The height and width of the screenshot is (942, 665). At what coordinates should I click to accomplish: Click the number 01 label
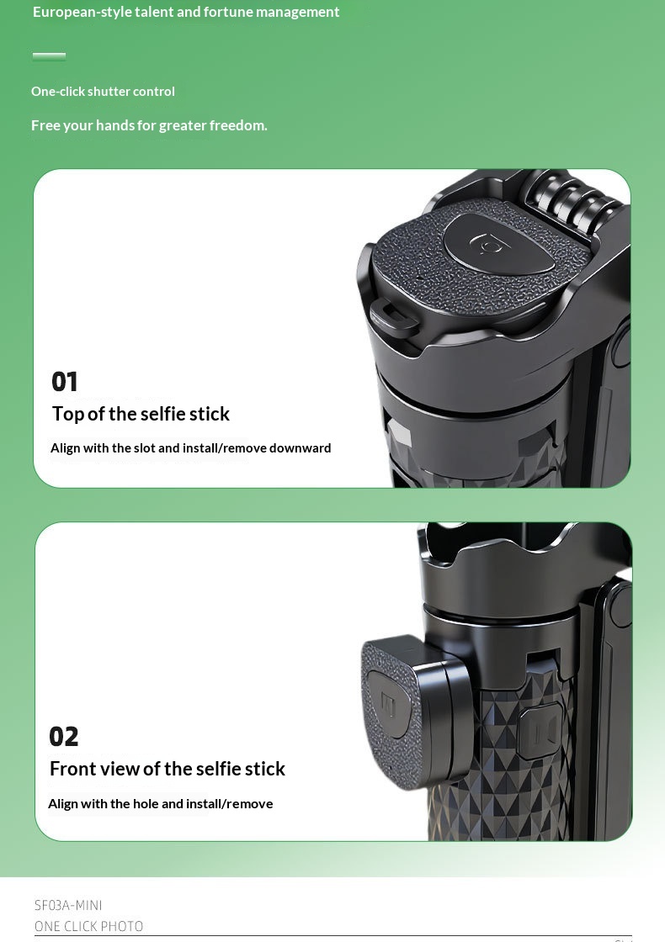[x=64, y=382]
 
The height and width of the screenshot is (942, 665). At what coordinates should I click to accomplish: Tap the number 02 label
[x=64, y=737]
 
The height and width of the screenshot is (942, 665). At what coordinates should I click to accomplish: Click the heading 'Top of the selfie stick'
[x=141, y=414]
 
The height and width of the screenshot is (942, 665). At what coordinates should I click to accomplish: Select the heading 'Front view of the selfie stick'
[x=168, y=769]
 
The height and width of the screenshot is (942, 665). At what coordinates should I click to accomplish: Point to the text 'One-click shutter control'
[x=103, y=92]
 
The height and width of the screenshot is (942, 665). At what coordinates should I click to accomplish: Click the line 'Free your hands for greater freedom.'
[x=149, y=125]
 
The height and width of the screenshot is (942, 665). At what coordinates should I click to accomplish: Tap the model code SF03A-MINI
[x=68, y=905]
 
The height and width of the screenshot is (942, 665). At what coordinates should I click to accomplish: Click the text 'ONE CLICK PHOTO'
[x=89, y=926]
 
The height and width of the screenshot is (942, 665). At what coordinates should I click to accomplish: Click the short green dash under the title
[x=50, y=56]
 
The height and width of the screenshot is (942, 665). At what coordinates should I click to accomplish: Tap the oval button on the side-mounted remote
[x=387, y=703]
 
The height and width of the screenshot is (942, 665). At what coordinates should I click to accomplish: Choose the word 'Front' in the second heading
[x=70, y=769]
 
